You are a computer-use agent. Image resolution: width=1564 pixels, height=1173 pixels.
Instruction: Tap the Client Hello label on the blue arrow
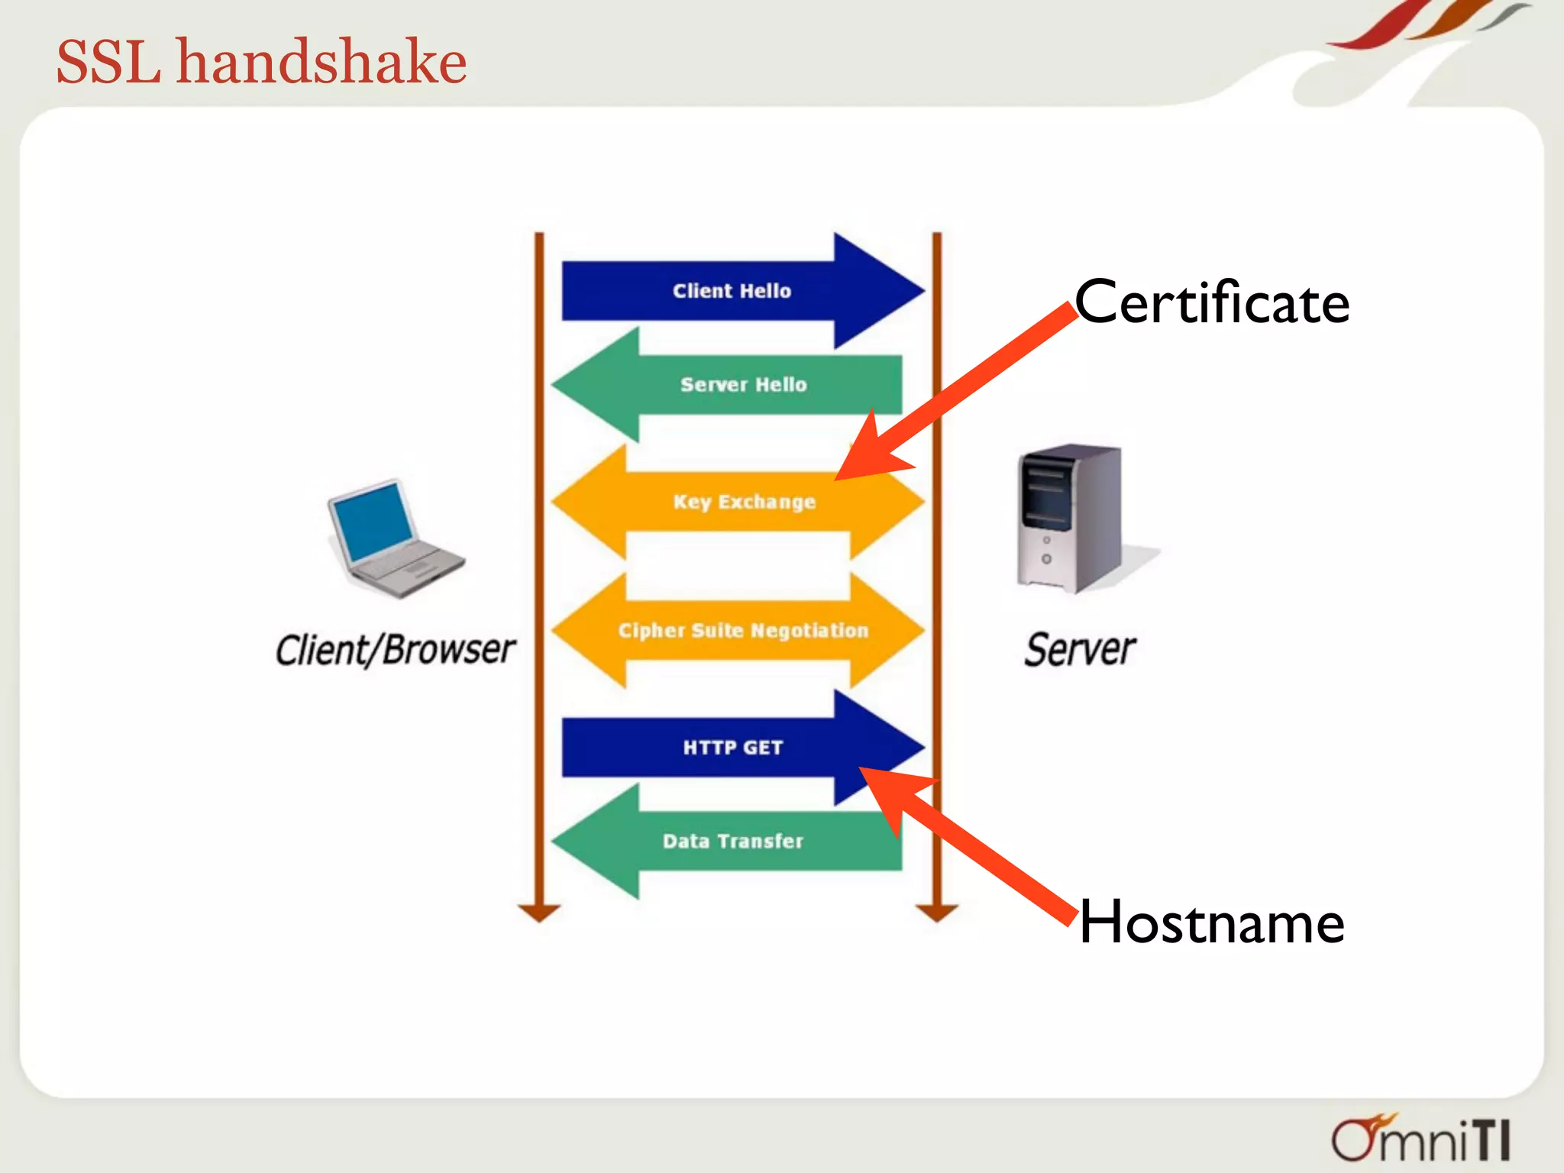coord(732,291)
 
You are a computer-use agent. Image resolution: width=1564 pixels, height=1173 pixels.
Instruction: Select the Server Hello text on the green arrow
coord(743,384)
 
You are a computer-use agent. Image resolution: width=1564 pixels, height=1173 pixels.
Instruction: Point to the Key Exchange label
coord(744,502)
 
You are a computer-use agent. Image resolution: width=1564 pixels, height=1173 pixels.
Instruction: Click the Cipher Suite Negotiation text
coord(743,630)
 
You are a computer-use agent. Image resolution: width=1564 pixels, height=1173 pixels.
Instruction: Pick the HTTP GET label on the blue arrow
coord(732,747)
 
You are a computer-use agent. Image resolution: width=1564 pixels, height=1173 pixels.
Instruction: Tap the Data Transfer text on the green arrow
coord(732,841)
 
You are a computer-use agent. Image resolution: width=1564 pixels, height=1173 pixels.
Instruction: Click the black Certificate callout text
coord(1212,303)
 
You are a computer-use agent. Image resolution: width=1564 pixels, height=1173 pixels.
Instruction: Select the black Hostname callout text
coord(1211,923)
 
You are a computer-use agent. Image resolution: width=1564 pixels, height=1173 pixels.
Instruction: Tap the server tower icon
coord(1069,519)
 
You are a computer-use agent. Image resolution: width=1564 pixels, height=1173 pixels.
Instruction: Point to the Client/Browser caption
coord(395,650)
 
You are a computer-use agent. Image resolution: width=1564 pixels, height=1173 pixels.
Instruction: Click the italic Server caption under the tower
coord(1079,650)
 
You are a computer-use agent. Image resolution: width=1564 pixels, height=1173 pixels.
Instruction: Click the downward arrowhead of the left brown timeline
coord(539,912)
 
